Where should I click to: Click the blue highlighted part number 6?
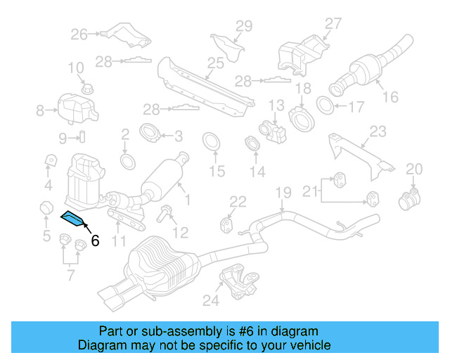click(72, 219)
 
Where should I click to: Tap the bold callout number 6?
click(95, 240)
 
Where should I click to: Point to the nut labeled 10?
click(88, 89)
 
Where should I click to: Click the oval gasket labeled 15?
click(210, 142)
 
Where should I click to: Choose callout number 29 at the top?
click(243, 27)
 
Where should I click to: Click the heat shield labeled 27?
click(300, 52)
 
